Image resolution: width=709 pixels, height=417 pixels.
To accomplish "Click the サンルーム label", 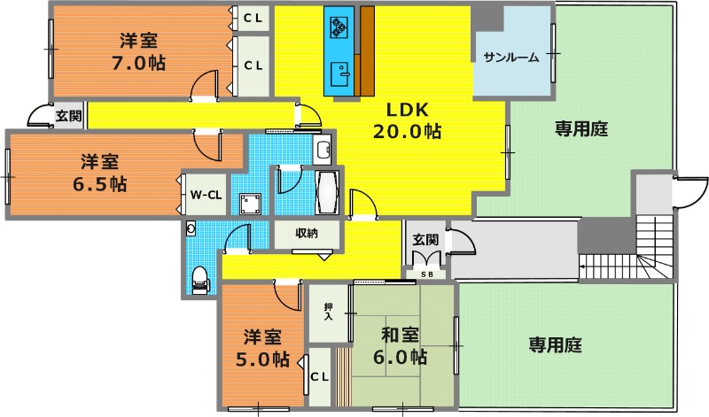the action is (511, 58).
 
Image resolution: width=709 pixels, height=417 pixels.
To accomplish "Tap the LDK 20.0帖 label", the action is (407, 120).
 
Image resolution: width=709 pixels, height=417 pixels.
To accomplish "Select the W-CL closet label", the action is (206, 195).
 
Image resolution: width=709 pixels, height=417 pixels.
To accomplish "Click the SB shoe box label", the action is (427, 274).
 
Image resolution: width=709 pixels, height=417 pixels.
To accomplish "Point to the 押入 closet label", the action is (328, 312).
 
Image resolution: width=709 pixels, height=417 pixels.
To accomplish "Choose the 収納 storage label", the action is (307, 233).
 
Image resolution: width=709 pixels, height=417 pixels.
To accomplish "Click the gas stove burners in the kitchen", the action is (339, 27).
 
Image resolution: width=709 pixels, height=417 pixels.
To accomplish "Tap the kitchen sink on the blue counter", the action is (340, 73).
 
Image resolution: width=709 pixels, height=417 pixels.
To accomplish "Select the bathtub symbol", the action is (327, 192).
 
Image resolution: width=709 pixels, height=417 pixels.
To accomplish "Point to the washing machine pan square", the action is (250, 204).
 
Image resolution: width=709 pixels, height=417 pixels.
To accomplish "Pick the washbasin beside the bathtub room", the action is (322, 150).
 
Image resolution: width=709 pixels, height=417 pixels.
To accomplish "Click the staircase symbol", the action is (627, 254).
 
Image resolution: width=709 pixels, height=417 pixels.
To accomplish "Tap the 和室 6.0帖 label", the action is (400, 345).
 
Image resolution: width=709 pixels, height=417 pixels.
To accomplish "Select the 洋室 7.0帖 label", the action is (139, 51).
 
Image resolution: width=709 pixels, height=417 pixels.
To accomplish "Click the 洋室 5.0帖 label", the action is (262, 348).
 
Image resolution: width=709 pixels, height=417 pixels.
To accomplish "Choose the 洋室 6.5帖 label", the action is (99, 172).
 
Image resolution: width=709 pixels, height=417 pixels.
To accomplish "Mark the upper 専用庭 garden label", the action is (581, 129).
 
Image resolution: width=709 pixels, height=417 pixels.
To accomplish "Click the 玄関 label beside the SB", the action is (425, 239).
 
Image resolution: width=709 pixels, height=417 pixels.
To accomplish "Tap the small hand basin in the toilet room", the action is (191, 228).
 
